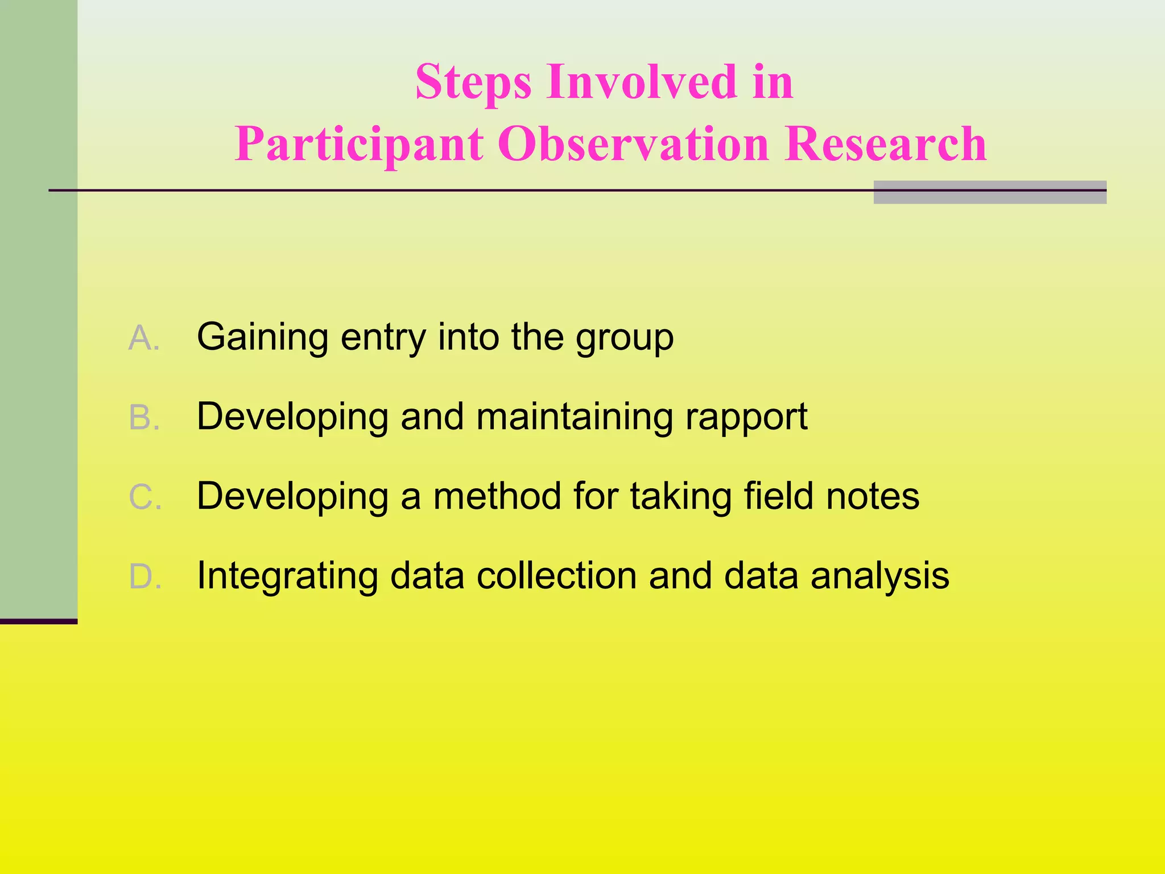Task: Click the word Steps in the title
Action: click(473, 83)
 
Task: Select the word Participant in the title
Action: click(359, 145)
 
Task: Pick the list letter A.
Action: click(143, 338)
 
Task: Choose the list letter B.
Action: click(143, 418)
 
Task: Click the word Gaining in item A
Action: click(262, 338)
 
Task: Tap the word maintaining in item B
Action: click(575, 418)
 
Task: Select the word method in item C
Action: click(498, 496)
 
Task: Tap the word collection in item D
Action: click(557, 576)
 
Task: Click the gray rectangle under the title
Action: click(989, 192)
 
